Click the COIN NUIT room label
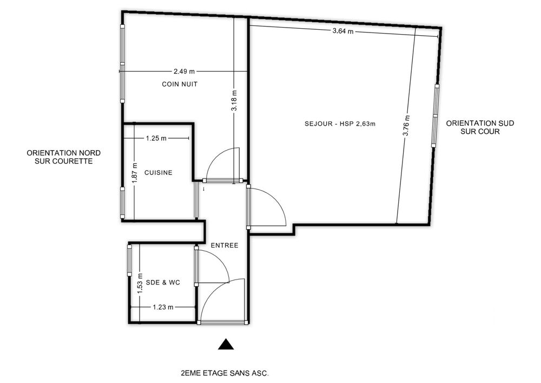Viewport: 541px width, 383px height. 180,85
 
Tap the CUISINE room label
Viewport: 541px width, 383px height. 159,173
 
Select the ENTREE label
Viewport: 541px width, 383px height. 225,245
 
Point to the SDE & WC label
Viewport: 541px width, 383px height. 163,282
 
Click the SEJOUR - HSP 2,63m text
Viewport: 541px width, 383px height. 340,124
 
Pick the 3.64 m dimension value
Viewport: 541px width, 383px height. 343,31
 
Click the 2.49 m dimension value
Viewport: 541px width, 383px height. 184,72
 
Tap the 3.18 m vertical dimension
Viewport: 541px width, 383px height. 234,101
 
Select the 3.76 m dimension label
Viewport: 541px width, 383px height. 406,125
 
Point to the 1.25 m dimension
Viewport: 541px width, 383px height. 156,139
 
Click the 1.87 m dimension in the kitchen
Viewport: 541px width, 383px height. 135,173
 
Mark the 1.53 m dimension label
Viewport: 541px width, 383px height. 140,283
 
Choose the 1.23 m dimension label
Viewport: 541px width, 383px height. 163,307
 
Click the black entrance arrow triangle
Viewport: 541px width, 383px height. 226,344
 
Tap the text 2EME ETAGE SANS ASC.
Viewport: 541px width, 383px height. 225,373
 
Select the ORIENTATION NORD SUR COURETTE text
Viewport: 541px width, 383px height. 64,157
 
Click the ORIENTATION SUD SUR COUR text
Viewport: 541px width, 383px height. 480,127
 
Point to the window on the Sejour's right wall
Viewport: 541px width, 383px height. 435,116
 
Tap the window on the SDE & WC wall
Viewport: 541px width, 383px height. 129,261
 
